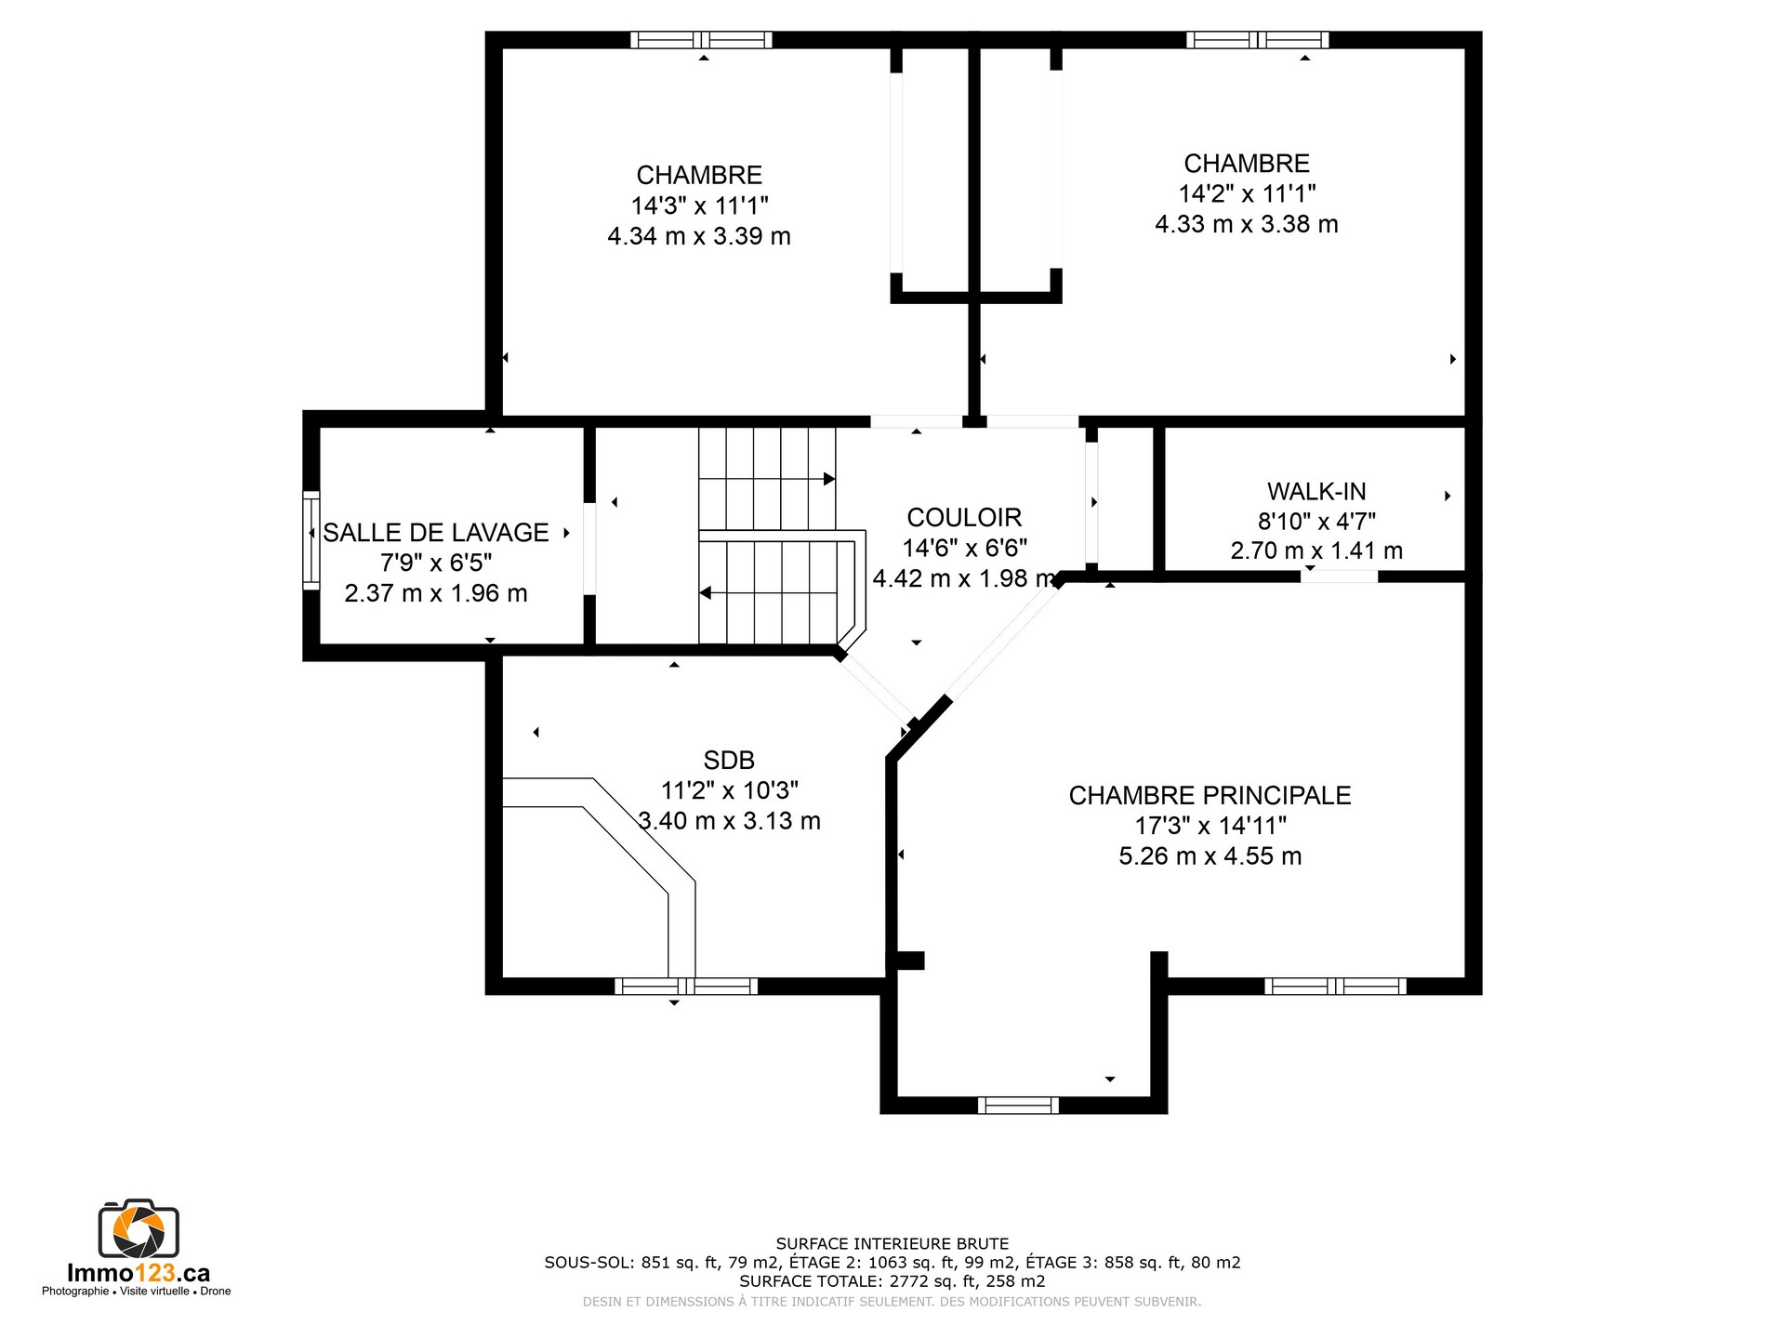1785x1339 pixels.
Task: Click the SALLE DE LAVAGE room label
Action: [436, 533]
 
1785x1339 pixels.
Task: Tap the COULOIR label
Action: [964, 517]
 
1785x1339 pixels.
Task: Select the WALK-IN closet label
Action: [1316, 491]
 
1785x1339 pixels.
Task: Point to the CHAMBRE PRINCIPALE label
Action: [1210, 795]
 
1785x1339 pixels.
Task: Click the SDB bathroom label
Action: [729, 760]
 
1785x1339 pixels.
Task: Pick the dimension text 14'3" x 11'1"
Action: [700, 205]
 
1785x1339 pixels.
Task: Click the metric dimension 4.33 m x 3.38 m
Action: [1247, 224]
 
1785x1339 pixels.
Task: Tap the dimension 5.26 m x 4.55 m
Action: [1210, 856]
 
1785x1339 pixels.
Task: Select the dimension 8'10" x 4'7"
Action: [1316, 522]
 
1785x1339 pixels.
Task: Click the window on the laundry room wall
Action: [311, 540]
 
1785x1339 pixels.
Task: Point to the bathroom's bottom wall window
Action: [686, 987]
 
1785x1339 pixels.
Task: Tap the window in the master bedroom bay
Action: [1018, 1106]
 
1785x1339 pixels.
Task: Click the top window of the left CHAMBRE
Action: [701, 40]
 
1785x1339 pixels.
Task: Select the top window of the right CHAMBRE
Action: [1258, 40]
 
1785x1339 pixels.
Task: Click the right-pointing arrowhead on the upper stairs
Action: [829, 479]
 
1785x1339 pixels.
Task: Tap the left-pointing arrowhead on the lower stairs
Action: [706, 593]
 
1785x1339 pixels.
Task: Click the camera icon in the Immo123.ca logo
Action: [139, 1229]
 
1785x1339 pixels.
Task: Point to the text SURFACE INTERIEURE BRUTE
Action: [892, 1243]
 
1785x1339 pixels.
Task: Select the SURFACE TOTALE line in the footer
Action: [892, 1281]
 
